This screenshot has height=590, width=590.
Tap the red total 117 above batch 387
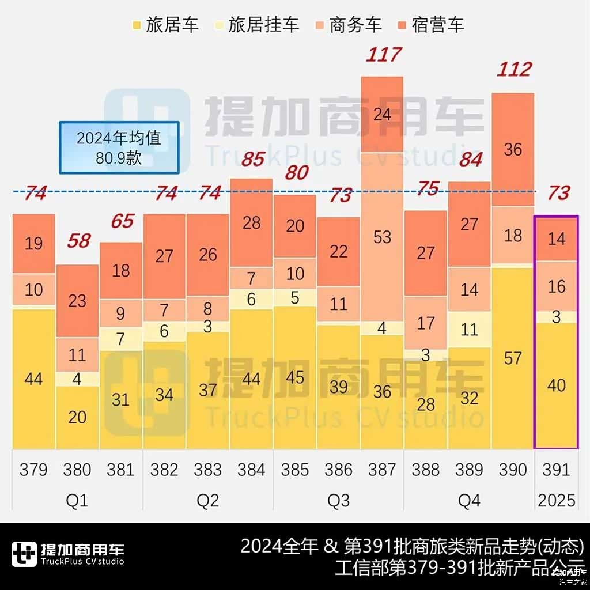pos(383,55)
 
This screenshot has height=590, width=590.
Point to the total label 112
pos(513,69)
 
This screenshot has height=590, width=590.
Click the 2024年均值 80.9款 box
pos(119,147)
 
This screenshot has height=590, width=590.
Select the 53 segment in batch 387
pos(383,237)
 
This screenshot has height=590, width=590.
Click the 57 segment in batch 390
pos(513,358)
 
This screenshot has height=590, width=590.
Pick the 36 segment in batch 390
pos(513,149)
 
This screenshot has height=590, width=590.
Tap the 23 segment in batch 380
pos(77,300)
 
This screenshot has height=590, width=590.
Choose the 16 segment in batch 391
pos(556,286)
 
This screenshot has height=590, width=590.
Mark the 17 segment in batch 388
pos(426,323)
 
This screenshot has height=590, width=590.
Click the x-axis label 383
pos(208,470)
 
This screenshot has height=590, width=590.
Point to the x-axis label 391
pos(556,470)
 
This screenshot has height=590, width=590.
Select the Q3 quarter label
pos(338,500)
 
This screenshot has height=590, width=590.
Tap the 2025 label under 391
pos(556,500)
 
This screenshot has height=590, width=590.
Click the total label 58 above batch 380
pos(78,240)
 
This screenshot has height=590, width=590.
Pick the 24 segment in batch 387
pos(383,115)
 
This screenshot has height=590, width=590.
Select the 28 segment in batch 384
pos(252,223)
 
